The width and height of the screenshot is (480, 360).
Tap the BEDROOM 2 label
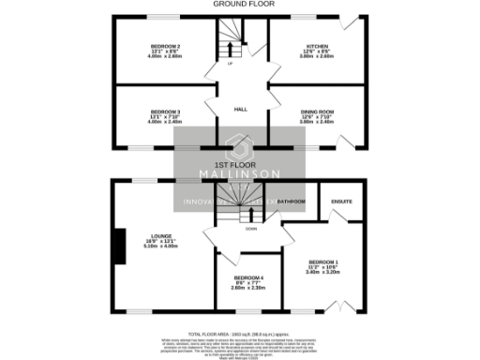(165, 46)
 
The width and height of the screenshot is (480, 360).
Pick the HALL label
(239, 109)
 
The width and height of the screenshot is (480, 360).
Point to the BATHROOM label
(291, 201)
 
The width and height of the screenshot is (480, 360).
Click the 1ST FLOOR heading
(239, 163)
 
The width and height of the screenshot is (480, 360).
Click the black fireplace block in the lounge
(118, 247)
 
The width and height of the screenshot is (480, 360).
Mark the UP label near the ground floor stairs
(230, 64)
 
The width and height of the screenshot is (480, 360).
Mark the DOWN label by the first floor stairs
(250, 228)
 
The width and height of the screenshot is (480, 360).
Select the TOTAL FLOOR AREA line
(239, 334)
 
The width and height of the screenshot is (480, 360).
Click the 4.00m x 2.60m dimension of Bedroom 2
(165, 56)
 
